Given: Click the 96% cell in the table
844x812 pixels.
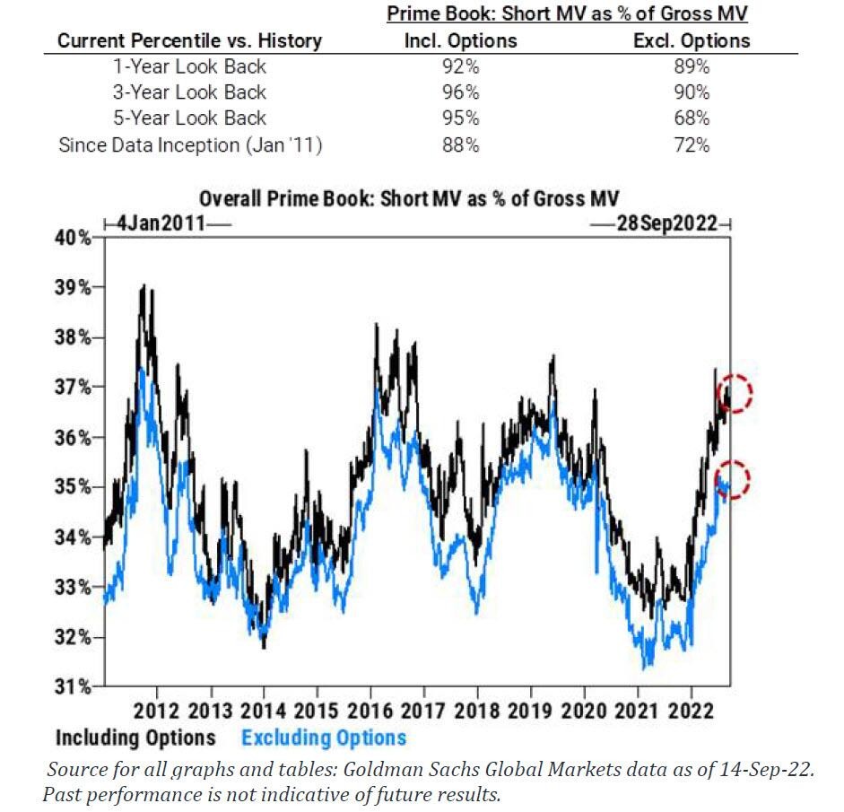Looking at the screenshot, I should (461, 92).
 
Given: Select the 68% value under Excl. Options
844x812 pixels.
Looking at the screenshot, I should (691, 118).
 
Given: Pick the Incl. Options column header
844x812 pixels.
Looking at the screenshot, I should (461, 40).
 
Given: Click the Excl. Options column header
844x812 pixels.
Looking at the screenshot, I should (691, 40).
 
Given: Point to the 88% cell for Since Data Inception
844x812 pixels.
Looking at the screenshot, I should (461, 144).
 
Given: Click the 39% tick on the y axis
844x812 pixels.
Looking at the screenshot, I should (75, 288).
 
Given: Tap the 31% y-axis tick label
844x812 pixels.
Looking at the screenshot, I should (75, 687).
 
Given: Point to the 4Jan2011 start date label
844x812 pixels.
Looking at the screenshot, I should (158, 224).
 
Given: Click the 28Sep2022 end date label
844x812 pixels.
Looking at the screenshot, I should (666, 224).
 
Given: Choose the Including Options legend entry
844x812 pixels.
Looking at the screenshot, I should (135, 738).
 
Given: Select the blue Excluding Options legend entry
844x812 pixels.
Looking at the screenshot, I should (324, 738).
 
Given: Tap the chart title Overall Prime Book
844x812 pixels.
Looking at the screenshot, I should (422, 199).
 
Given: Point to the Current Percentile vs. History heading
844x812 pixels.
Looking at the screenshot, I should (189, 40).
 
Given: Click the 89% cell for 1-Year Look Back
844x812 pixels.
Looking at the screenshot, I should (691, 66).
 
